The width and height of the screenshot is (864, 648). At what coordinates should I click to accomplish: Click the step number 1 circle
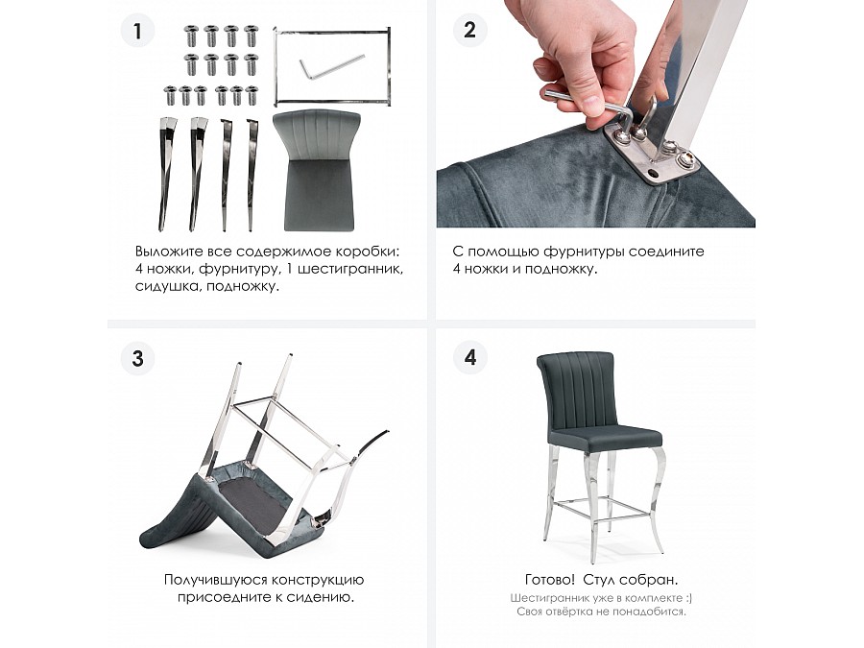(x=137, y=30)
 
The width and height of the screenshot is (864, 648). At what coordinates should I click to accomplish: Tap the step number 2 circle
(x=470, y=30)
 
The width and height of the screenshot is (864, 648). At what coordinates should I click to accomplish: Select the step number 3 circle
(x=137, y=359)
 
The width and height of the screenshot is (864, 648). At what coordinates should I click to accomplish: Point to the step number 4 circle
(x=470, y=358)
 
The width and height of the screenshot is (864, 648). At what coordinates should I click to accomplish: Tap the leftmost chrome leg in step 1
(x=164, y=174)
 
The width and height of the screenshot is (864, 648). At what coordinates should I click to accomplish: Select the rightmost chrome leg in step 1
(x=252, y=175)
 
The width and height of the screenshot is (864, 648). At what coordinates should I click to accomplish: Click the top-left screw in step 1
(x=191, y=36)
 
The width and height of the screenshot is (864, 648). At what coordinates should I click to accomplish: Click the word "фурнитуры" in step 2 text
(x=583, y=252)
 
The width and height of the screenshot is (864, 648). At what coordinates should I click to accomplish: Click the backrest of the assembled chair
(x=576, y=390)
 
